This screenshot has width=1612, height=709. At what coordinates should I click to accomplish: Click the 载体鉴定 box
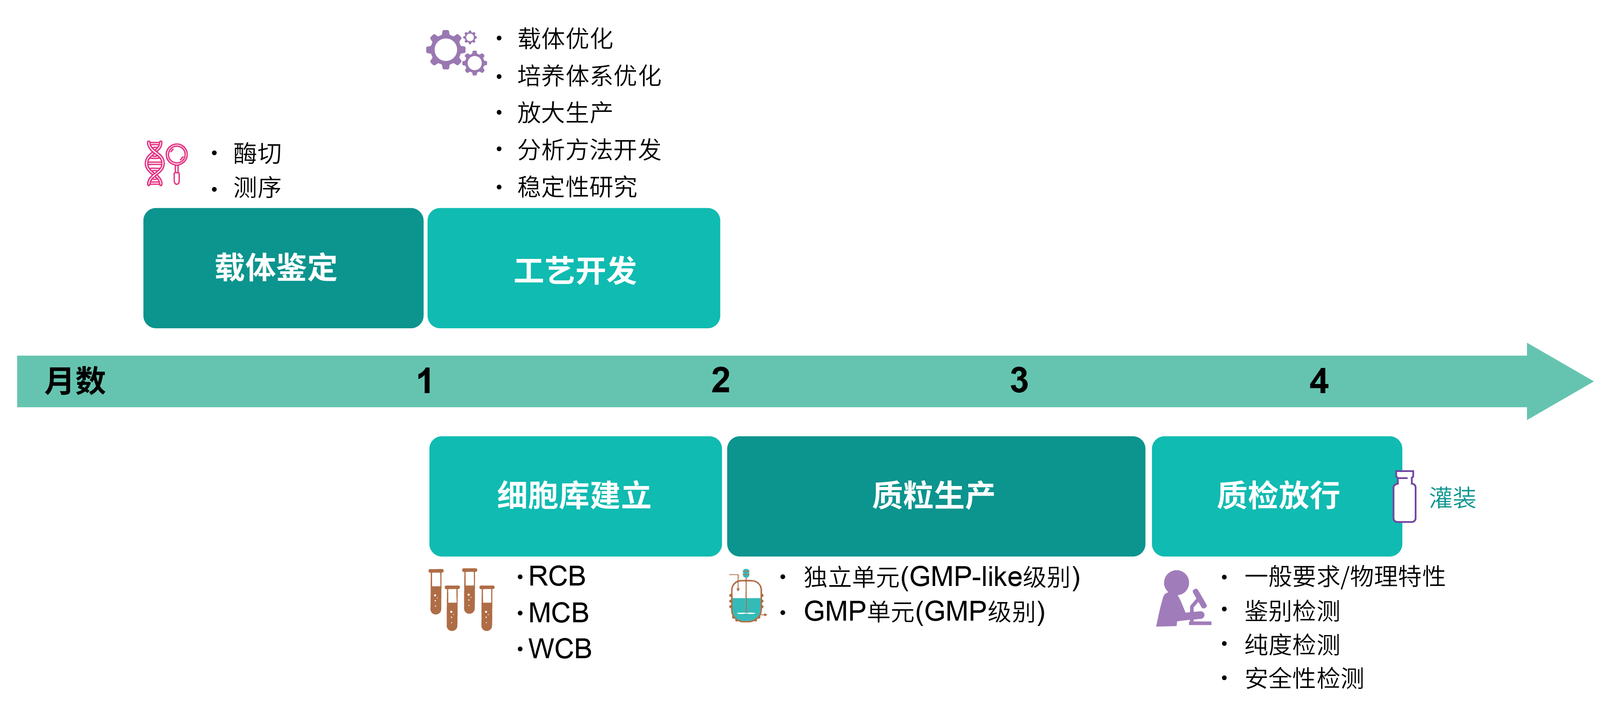[x=283, y=268]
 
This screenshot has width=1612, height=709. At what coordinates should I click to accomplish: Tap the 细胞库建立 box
[x=575, y=496]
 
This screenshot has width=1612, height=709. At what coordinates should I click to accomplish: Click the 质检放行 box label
[x=1278, y=496]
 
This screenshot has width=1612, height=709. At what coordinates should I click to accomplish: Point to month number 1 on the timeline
[x=425, y=381]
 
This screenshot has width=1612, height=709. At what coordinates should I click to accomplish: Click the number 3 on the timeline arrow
[x=1019, y=380]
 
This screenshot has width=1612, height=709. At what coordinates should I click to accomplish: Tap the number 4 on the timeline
[x=1319, y=381]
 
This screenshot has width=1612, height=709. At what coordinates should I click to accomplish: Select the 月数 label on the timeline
[x=75, y=381]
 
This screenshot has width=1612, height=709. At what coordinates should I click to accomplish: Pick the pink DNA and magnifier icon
[x=165, y=163]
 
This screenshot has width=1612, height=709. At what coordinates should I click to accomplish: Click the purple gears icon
[x=456, y=52]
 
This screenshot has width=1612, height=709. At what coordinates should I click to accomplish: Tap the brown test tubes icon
[x=461, y=600]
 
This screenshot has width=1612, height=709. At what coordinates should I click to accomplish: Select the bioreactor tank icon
[x=747, y=596]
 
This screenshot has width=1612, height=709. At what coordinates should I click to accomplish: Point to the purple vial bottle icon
[x=1404, y=497]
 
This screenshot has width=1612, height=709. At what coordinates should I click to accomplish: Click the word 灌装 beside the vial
[x=1452, y=498]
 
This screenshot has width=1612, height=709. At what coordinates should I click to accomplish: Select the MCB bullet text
[x=558, y=612]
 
